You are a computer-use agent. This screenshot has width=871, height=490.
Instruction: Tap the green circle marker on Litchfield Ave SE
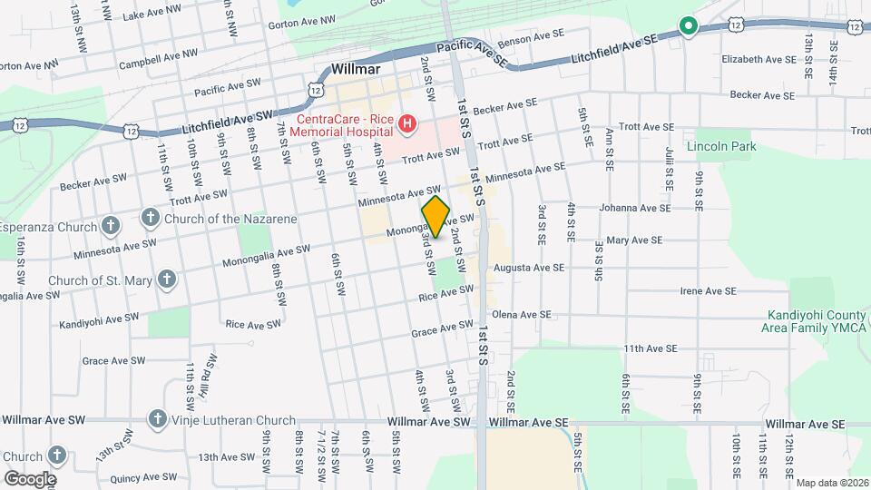pos(689,27)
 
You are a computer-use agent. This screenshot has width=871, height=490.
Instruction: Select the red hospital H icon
pos(407,123)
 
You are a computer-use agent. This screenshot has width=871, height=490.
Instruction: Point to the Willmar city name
pos(355,68)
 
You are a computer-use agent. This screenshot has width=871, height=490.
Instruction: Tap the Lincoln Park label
pos(721,146)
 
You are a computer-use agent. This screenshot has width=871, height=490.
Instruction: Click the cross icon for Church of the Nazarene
pos(151,218)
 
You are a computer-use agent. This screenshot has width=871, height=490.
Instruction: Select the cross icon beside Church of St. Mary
pos(166,279)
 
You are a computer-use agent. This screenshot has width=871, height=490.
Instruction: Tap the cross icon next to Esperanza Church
pos(110,225)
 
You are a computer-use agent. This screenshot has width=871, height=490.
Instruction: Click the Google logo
pos(30,479)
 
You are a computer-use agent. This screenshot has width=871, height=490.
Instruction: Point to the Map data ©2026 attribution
pos(831,483)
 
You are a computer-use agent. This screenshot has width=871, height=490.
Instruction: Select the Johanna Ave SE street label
pos(635,208)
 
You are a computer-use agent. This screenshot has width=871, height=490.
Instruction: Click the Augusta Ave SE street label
pos(529,268)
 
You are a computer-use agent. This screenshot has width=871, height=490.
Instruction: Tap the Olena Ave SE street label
pos(521,315)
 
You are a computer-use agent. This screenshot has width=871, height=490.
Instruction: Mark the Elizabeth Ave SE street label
pos(758,59)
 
